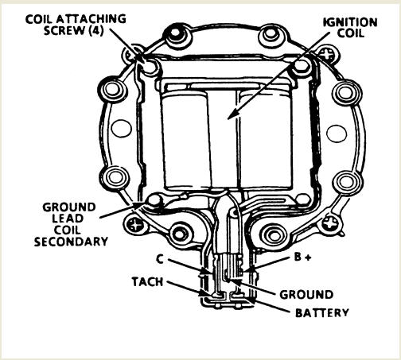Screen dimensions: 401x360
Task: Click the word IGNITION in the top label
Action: (x=350, y=22)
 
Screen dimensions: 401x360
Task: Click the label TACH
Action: (x=147, y=282)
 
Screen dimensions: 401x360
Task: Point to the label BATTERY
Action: (x=321, y=313)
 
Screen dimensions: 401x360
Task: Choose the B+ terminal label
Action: (x=303, y=257)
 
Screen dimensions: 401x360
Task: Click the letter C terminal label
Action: (x=160, y=259)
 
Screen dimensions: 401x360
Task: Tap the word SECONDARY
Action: (x=71, y=242)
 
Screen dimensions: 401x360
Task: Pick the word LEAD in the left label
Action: (x=68, y=219)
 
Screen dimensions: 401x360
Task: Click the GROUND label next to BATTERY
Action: (x=306, y=295)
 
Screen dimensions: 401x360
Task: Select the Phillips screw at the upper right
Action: (x=327, y=54)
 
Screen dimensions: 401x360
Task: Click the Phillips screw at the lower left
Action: (x=136, y=225)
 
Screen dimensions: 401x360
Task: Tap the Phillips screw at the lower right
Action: (x=330, y=223)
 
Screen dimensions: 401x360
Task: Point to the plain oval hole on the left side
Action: (x=122, y=129)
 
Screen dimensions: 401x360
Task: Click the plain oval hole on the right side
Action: (x=337, y=133)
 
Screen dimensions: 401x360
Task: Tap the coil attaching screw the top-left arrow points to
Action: (x=150, y=65)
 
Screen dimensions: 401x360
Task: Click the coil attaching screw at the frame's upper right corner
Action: (x=301, y=66)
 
